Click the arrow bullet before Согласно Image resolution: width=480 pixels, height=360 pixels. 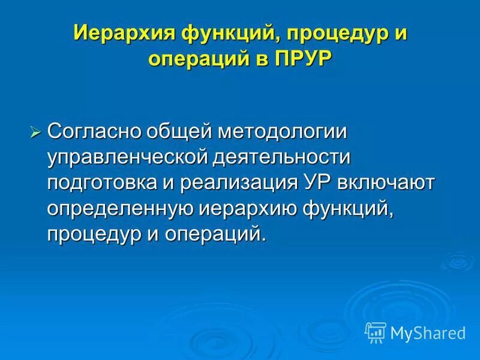(35, 132)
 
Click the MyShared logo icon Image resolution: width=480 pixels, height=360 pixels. (376, 331)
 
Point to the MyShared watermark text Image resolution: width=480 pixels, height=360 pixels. (428, 332)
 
